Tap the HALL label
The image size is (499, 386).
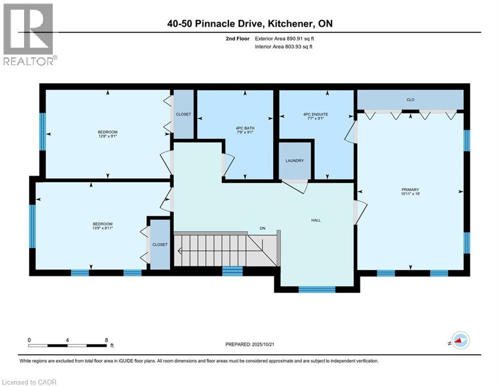pyautogui.click(x=315, y=220)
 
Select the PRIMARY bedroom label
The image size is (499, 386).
pyautogui.click(x=410, y=189)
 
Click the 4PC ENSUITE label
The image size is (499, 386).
pyautogui.click(x=315, y=115)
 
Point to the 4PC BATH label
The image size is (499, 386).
pyautogui.click(x=246, y=128)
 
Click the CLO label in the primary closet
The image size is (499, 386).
pyautogui.click(x=410, y=100)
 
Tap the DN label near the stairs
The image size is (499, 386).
pyautogui.click(x=262, y=228)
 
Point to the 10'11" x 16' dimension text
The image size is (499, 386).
pyautogui.click(x=410, y=195)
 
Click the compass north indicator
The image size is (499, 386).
pyautogui.click(x=459, y=341)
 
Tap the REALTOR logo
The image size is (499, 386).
pyautogui.click(x=29, y=34)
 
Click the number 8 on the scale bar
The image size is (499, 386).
pyautogui.click(x=106, y=339)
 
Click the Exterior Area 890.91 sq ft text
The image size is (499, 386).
pyautogui.click(x=285, y=38)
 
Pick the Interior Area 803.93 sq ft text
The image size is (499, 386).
pyautogui.click(x=285, y=47)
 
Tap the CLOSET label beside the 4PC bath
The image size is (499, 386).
pyautogui.click(x=184, y=114)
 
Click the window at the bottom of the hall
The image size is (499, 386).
pyautogui.click(x=316, y=289)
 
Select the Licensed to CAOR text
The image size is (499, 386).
pyautogui.click(x=30, y=382)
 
